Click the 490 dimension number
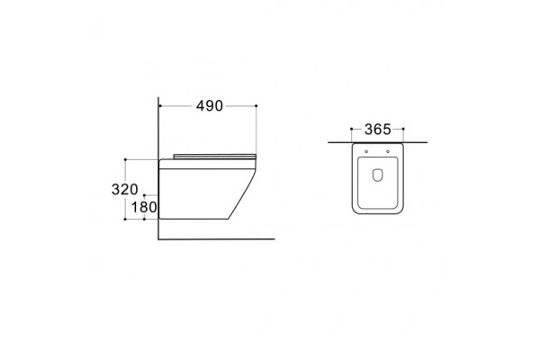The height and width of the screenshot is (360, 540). click(210, 106)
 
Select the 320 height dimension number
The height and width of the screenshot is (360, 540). click(125, 189)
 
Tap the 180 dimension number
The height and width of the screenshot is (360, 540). click(144, 207)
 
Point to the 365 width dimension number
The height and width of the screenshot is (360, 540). click(378, 130)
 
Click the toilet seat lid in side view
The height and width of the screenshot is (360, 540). click(215, 157)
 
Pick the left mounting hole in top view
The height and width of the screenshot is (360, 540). click(366, 151)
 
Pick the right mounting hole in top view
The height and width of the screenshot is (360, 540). click(388, 151)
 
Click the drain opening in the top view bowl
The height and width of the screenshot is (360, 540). click(377, 175)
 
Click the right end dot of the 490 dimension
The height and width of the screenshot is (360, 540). click(256, 106)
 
